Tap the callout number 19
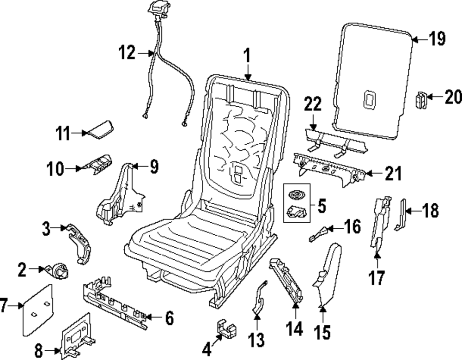[436, 39]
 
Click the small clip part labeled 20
[421, 100]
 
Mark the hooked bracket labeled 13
[257, 298]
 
